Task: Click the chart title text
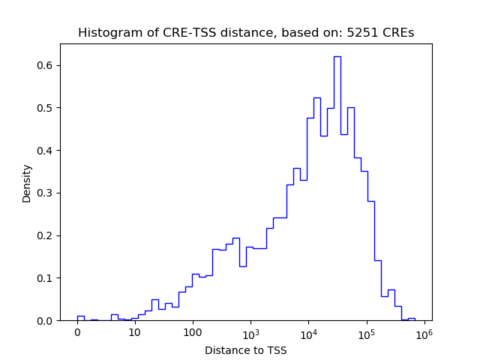point(246,33)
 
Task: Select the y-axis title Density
point(27,183)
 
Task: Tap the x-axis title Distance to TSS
point(246,350)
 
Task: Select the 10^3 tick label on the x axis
point(250,332)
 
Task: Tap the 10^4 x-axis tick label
point(308,332)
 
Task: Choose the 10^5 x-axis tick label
point(366,332)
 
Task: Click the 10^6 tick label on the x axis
point(424,332)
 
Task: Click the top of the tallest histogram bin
point(337,57)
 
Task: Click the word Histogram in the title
point(105,33)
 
